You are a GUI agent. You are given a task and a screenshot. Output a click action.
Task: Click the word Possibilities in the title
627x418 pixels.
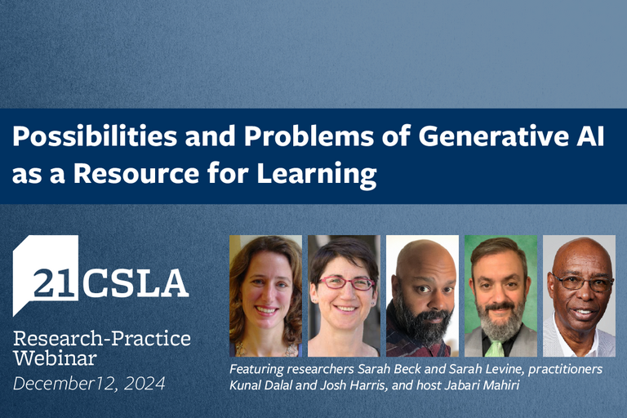click(95, 136)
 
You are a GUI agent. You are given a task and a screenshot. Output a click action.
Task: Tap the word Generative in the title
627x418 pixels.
click(493, 136)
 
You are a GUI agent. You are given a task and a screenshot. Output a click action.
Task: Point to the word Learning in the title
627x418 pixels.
click(316, 175)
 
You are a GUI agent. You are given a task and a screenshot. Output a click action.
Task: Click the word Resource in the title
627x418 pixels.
click(136, 174)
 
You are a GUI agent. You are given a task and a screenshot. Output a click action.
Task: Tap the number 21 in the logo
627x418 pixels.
click(56, 284)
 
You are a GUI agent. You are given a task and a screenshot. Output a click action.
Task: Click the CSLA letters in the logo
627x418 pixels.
click(136, 283)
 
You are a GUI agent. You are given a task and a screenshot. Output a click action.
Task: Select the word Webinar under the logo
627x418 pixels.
click(55, 358)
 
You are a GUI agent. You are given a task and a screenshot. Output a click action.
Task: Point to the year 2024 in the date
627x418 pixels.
click(145, 384)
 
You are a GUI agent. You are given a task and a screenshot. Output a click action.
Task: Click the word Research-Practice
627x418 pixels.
click(102, 338)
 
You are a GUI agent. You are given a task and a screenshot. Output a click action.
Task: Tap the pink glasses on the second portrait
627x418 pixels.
click(346, 283)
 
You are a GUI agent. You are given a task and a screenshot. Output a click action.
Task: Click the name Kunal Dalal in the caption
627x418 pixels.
click(261, 385)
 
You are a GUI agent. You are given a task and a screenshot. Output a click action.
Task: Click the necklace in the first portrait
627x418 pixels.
click(265, 350)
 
